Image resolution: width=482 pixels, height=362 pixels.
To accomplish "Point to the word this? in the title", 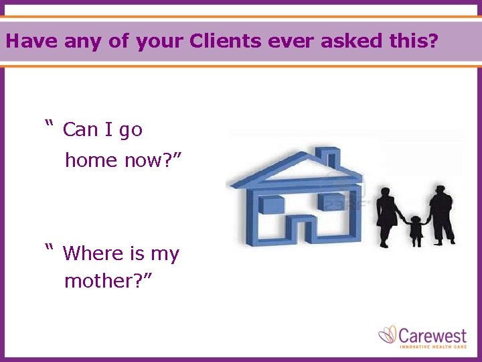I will (x=413, y=42).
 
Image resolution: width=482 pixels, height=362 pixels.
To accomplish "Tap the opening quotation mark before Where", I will (x=48, y=249).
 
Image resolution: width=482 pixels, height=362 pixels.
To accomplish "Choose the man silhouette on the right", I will (x=442, y=215).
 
